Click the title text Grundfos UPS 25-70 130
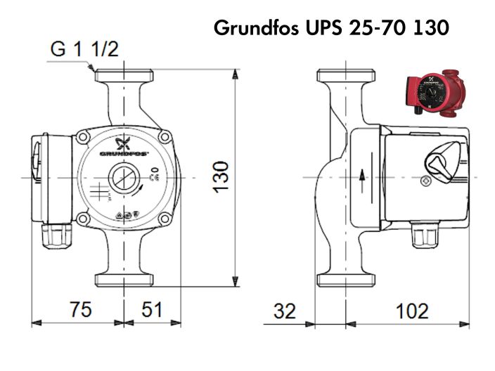click(x=331, y=29)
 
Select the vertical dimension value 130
click(x=221, y=176)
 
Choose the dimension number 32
click(x=285, y=311)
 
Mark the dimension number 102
click(x=412, y=311)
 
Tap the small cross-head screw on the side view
click(x=425, y=181)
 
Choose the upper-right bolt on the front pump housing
click(x=163, y=136)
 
